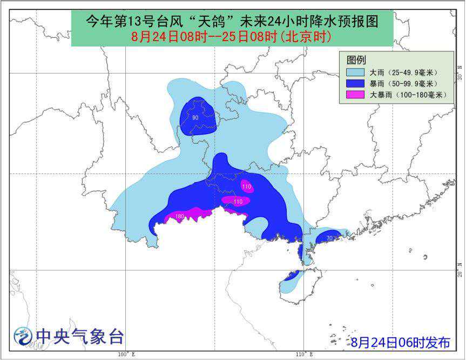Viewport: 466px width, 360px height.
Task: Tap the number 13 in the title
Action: tap(143, 21)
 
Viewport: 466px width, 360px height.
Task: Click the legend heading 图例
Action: tap(357, 59)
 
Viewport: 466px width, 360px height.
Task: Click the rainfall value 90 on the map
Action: tap(195, 118)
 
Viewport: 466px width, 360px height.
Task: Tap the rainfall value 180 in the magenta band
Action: tap(179, 217)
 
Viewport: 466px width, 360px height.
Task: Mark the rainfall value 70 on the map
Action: tap(329, 237)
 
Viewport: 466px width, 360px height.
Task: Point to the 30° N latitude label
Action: tap(459, 76)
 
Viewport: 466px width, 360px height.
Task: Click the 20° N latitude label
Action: tap(459, 270)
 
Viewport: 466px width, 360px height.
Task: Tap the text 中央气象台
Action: tap(80, 337)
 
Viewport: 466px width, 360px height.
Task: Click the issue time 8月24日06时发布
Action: tap(400, 342)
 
